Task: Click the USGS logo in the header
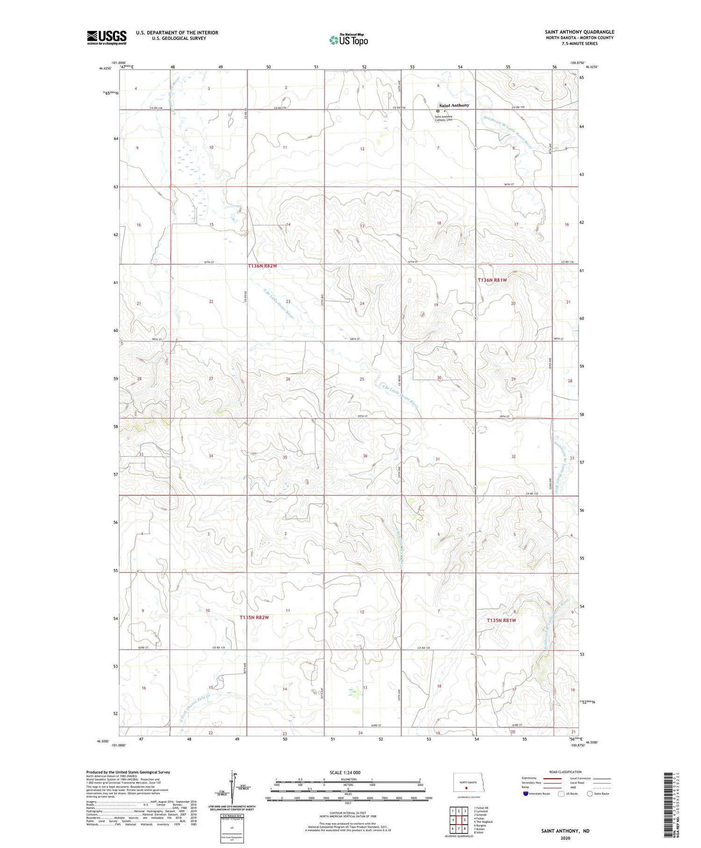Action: pyautogui.click(x=107, y=37)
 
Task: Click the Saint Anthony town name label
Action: pyautogui.click(x=454, y=105)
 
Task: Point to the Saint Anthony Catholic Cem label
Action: pyautogui.click(x=443, y=118)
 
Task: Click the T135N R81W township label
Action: pyautogui.click(x=501, y=620)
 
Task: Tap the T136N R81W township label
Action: pyautogui.click(x=492, y=280)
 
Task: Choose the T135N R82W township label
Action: pyautogui.click(x=254, y=617)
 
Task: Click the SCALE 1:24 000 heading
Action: pyautogui.click(x=348, y=772)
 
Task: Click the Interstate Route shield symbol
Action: pyautogui.click(x=526, y=793)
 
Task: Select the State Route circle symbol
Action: pyautogui.click(x=590, y=793)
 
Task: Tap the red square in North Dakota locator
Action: pyautogui.click(x=466, y=787)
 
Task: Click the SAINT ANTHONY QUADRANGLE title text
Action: pyautogui.click(x=579, y=32)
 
